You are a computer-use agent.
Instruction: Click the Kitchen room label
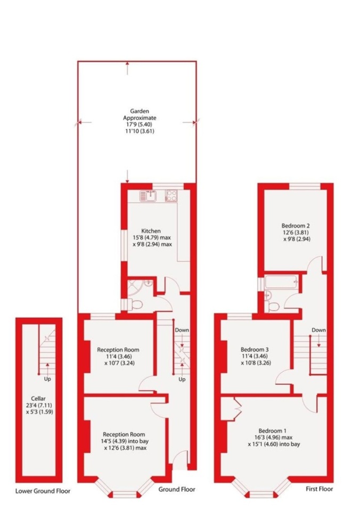click(x=151, y=230)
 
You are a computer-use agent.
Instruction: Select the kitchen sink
click(x=147, y=196)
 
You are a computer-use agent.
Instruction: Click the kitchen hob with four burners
click(x=172, y=196)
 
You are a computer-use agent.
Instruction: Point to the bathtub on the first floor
click(x=280, y=283)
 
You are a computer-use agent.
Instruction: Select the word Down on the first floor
click(x=318, y=330)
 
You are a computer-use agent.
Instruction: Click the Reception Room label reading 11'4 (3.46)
click(x=118, y=350)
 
